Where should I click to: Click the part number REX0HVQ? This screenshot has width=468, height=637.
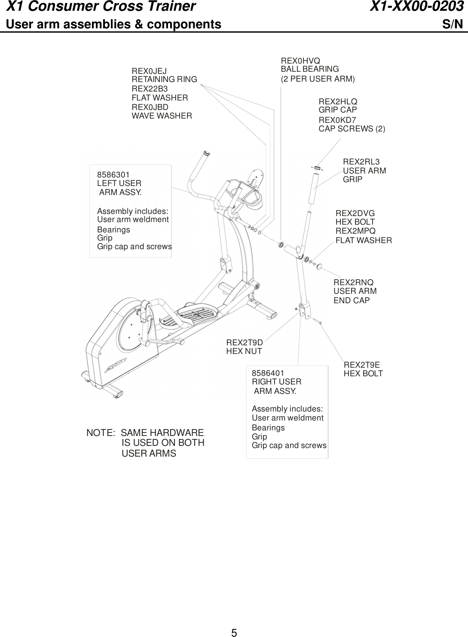(x=300, y=61)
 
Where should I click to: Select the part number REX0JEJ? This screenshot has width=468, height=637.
(x=149, y=71)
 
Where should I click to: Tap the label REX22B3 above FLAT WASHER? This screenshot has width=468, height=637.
(x=150, y=89)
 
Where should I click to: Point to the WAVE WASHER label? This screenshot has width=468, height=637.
(x=162, y=116)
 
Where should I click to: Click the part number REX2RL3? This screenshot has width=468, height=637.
(x=361, y=162)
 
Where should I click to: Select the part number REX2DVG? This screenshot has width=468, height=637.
(x=355, y=213)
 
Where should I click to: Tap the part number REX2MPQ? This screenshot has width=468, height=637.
(x=355, y=232)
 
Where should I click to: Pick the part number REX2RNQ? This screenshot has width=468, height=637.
(x=353, y=282)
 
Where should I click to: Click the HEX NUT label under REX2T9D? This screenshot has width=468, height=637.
(x=244, y=351)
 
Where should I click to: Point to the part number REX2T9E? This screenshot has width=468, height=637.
(x=361, y=365)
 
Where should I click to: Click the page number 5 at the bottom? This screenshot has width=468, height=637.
(x=234, y=632)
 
